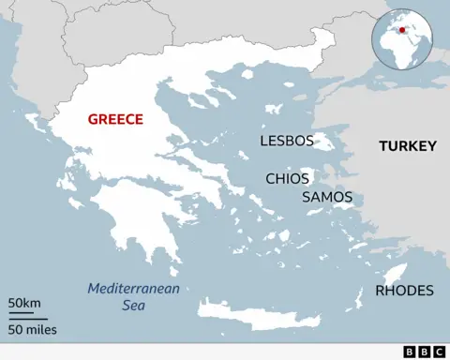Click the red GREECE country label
(115, 119)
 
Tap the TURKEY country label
(408, 146)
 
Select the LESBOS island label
(285, 142)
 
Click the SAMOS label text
(327, 198)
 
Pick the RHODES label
(404, 291)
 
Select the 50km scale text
(24, 303)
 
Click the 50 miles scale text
(32, 329)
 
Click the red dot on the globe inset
(403, 29)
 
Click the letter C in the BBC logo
(438, 352)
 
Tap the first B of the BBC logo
(410, 352)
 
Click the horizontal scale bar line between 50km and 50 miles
(29, 316)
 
